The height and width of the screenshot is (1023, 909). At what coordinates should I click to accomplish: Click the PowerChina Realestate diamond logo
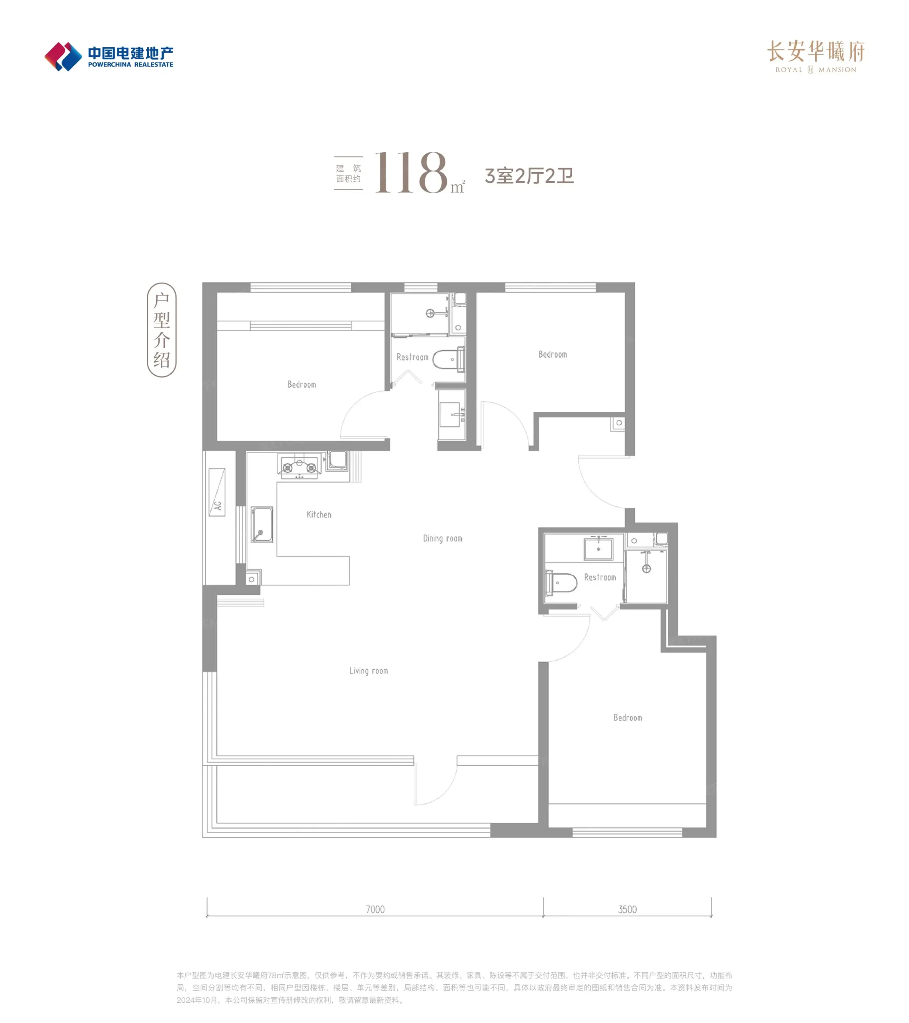63,57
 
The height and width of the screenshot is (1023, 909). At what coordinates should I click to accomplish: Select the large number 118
410,173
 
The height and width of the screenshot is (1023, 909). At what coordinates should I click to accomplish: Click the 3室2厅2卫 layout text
529,176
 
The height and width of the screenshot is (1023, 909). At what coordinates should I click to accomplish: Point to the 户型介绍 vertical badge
162,330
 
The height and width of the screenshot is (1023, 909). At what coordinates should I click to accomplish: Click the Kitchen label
318,515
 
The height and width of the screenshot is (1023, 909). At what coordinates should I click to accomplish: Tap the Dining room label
442,538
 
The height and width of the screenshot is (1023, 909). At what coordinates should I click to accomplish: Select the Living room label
368,671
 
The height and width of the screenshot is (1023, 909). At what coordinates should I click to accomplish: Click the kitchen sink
261,524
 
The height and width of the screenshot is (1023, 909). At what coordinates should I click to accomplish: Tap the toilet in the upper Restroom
448,359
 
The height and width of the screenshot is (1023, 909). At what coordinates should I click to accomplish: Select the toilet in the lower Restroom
561,583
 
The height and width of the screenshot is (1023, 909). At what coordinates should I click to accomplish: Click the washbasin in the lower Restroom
598,549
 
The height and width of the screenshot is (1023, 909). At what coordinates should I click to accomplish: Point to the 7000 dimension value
375,909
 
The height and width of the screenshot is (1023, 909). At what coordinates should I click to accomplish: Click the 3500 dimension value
627,909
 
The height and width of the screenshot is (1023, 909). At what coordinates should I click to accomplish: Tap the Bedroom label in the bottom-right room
628,718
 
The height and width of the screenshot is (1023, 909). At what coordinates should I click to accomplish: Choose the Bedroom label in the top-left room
302,384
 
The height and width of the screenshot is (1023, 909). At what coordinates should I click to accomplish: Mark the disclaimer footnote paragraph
454,987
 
